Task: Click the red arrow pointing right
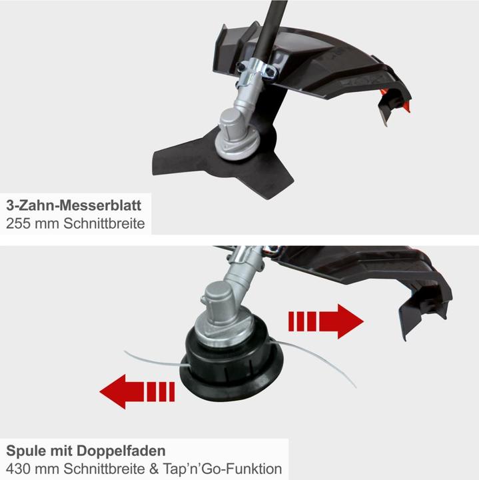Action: (x=326, y=321)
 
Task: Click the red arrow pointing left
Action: (x=137, y=391)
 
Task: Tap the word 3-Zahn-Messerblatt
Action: (x=74, y=205)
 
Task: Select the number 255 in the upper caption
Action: (x=18, y=223)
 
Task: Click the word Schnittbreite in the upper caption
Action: (x=104, y=223)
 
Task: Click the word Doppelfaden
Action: (x=121, y=451)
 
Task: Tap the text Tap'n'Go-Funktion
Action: (x=223, y=469)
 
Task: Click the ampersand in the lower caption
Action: (x=154, y=469)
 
